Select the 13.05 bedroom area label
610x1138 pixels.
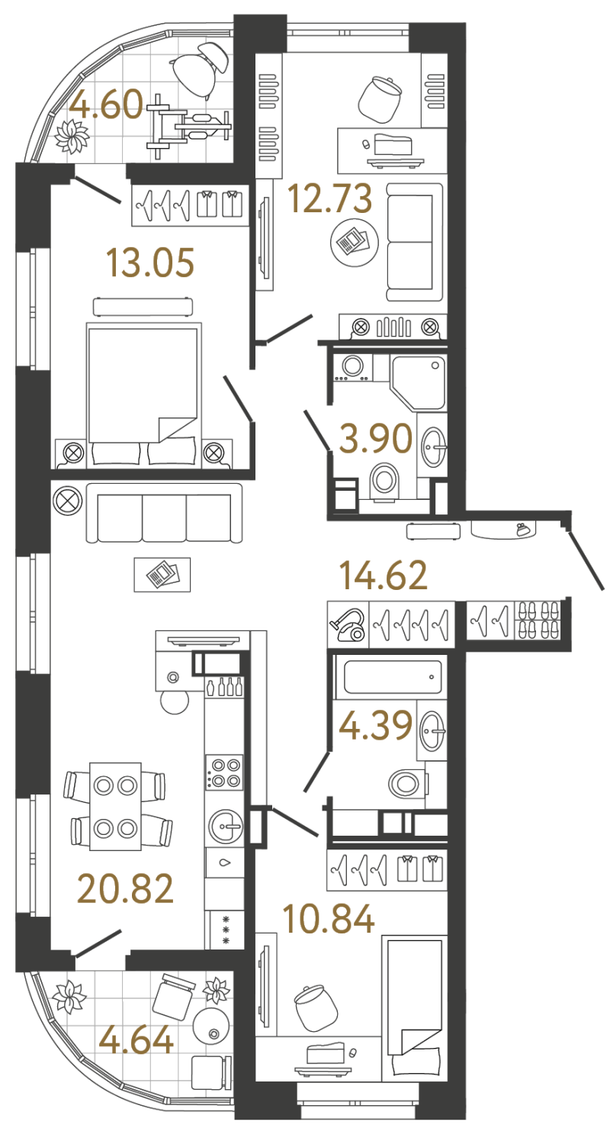tap(151, 263)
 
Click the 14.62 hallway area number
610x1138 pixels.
tap(384, 575)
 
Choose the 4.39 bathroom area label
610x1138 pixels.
tap(376, 726)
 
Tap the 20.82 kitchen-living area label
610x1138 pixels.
tap(126, 888)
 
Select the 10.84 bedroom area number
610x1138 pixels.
tap(330, 919)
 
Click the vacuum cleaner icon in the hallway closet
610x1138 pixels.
tap(348, 625)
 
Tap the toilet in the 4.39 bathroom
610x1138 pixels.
tap(408, 785)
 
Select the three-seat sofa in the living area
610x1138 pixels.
tap(164, 513)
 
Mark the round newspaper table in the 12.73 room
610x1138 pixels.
tap(355, 243)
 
